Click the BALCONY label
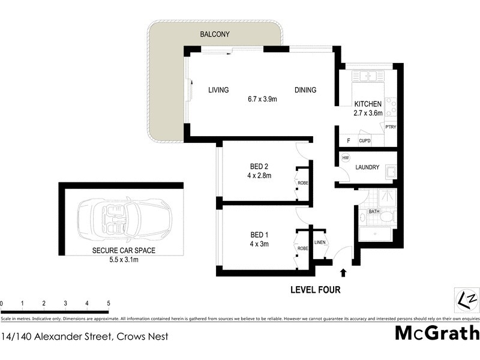[x=215, y=35]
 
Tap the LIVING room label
[x=218, y=90]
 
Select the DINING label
[x=305, y=90]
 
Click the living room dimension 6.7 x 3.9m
[x=262, y=99]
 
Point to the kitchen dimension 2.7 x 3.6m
[x=367, y=113]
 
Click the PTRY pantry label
[x=391, y=127]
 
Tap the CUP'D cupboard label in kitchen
[x=364, y=141]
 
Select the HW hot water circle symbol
[x=345, y=158]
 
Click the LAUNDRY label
[x=367, y=167]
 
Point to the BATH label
[x=374, y=211]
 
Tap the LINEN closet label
[x=319, y=242]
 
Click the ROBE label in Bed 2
[x=303, y=183]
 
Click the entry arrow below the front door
[x=343, y=273]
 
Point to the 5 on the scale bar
[x=108, y=303]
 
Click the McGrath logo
[x=437, y=332]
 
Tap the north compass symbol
[x=466, y=298]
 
